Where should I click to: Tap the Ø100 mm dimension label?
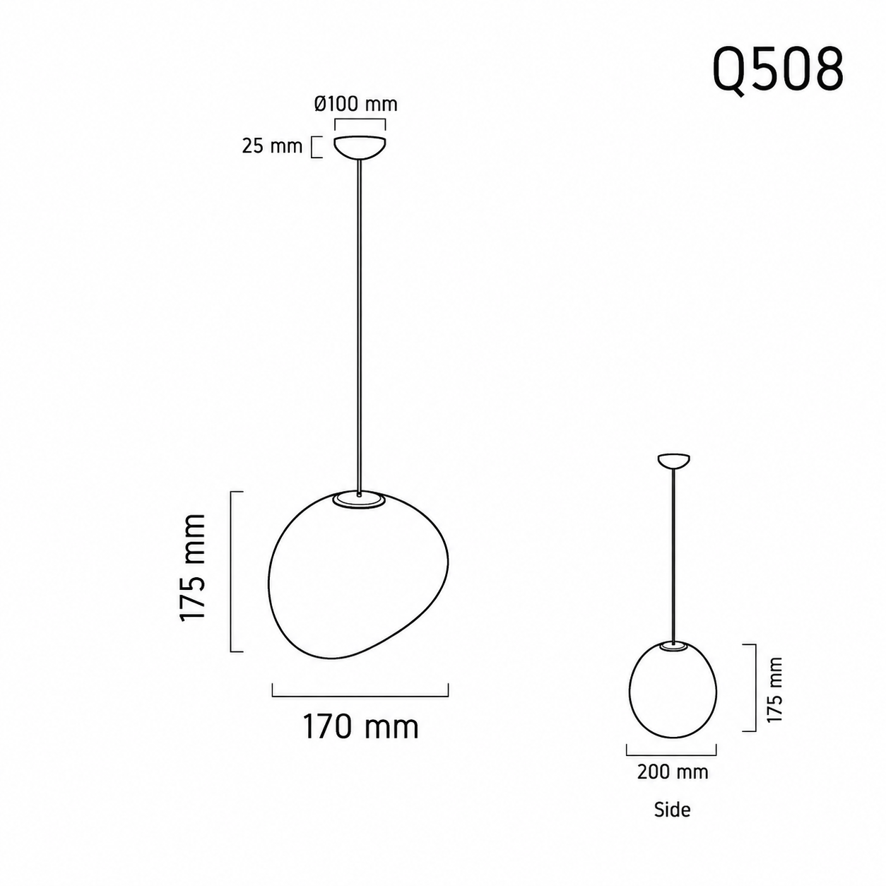coord(355,104)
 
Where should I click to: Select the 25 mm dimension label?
coord(272,146)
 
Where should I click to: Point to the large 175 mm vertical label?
coord(192,568)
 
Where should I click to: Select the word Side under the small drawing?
coord(672,809)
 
